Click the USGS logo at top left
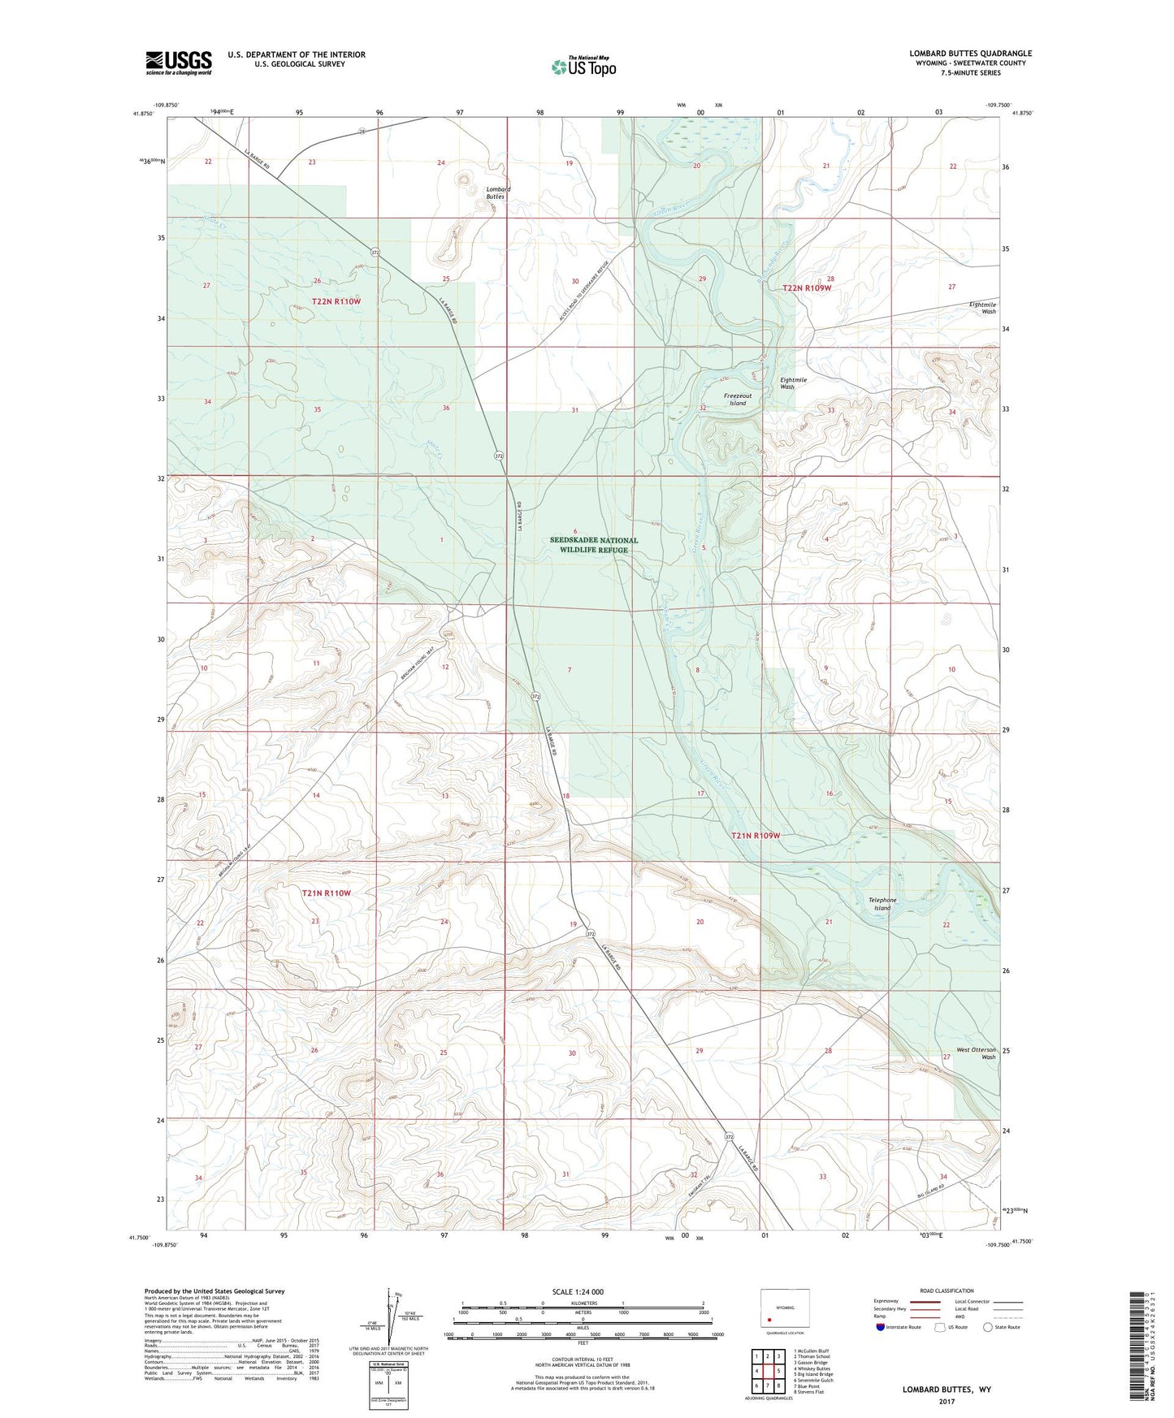coord(178,63)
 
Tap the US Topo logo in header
coord(583,67)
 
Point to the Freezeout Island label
coord(737,399)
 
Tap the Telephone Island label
coord(882,904)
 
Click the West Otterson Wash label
coord(975,1053)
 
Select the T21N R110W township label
coord(326,893)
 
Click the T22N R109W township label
coord(807,287)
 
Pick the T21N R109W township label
coord(755,836)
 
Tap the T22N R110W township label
coord(336,301)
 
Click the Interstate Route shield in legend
coord(882,1327)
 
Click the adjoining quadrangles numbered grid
coord(767,1373)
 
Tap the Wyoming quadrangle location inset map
coord(784,1309)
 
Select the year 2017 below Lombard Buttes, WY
coord(947,1402)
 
